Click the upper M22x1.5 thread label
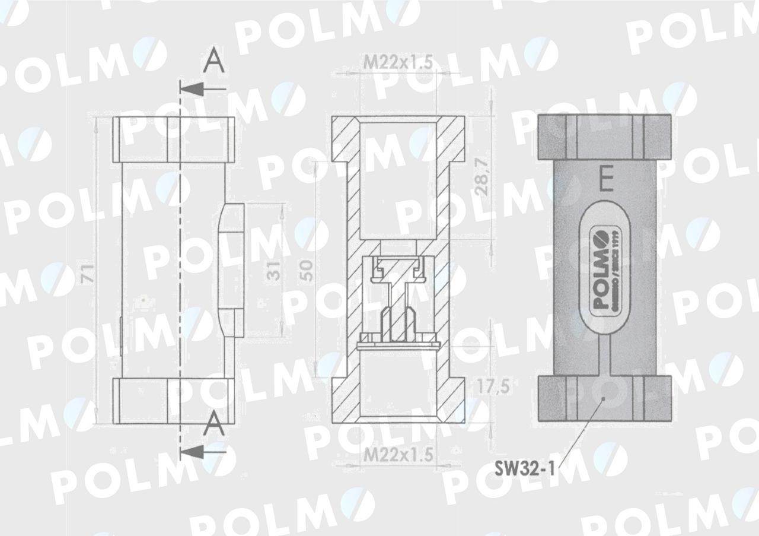pyautogui.click(x=397, y=61)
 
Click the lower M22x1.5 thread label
pyautogui.click(x=397, y=455)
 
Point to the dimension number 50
pyautogui.click(x=306, y=271)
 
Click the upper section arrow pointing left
pyautogui.click(x=201, y=90)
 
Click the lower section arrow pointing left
pyautogui.click(x=201, y=452)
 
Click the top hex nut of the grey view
pyautogui.click(x=604, y=137)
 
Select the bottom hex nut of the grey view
pyautogui.click(x=604, y=399)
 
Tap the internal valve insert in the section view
pyautogui.click(x=397, y=300)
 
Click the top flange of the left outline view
pyautogui.click(x=174, y=139)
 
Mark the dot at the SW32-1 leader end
pyautogui.click(x=603, y=399)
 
